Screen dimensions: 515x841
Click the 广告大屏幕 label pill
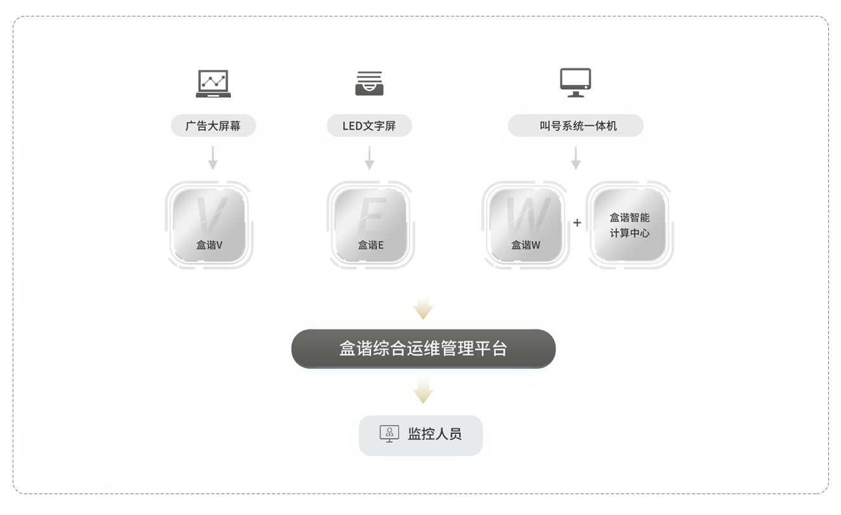213,126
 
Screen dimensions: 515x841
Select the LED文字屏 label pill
369,126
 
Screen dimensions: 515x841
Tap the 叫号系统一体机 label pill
575,126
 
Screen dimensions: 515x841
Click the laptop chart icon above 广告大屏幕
213,84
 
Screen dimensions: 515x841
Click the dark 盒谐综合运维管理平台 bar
423,349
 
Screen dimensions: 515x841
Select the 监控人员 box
420,435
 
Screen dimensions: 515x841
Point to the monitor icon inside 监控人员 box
389,434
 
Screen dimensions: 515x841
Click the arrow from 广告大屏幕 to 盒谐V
213,158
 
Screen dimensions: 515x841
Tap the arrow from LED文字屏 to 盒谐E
369,158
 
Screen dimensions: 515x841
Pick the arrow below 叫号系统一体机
575,158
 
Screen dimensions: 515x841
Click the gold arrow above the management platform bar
423,307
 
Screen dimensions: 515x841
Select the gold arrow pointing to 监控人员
423,391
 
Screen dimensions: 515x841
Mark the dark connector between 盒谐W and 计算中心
577,224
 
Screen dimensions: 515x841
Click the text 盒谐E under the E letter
370,245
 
